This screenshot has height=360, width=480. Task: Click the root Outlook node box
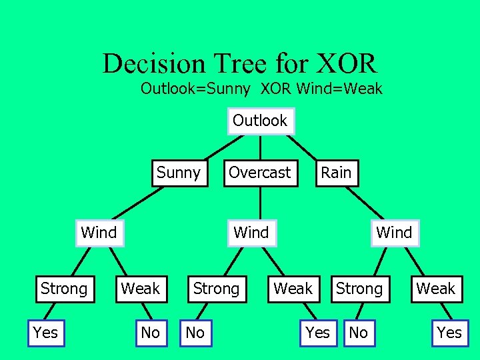click(260, 121)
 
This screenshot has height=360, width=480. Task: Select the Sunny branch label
click(178, 173)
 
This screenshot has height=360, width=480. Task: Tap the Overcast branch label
click(260, 173)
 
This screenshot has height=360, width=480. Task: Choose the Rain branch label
click(336, 173)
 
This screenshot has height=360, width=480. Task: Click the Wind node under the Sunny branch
click(99, 233)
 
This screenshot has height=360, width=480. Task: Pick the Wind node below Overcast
click(251, 233)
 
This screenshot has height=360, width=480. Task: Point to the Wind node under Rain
click(394, 233)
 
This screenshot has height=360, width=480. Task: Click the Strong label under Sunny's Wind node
click(63, 289)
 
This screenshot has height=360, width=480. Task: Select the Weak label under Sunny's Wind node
click(140, 289)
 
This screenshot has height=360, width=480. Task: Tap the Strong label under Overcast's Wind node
click(215, 289)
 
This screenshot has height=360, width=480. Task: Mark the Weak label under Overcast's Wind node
click(293, 289)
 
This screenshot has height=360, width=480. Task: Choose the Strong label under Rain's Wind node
click(359, 289)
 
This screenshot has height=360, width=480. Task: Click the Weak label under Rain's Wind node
click(436, 289)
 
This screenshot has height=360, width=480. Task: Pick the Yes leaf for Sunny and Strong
click(45, 333)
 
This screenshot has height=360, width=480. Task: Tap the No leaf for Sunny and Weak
click(151, 333)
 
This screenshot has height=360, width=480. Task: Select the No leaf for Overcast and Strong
click(195, 333)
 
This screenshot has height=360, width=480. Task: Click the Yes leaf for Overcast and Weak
click(317, 333)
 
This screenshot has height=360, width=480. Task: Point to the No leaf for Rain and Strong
click(359, 333)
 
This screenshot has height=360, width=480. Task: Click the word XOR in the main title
click(348, 64)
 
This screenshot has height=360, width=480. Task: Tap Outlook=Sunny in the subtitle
click(195, 89)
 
